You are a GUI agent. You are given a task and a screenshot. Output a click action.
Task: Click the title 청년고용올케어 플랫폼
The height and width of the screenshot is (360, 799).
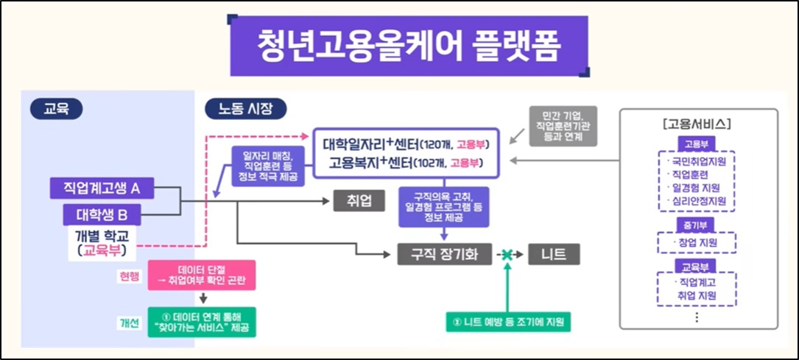pos(409,45)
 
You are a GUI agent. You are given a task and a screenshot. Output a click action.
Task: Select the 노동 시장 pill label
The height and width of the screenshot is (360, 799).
pos(244,108)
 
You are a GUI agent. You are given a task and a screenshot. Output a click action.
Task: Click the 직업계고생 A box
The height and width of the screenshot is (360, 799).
pos(102,188)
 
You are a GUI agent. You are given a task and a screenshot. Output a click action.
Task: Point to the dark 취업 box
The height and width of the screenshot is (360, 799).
pos(359,201)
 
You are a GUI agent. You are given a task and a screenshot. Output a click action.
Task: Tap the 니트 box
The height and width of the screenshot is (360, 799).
pos(554,255)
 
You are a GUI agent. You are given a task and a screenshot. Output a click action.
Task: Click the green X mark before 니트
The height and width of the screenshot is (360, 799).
pos(507,255)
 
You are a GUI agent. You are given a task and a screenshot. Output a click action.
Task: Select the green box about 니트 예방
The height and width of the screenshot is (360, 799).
pos(509,322)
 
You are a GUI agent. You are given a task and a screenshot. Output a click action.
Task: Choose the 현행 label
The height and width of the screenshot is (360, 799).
pos(129,277)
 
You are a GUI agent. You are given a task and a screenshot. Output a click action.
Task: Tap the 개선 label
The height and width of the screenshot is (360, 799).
pos(129,322)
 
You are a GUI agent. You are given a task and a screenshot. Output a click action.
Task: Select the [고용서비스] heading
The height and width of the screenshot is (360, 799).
pos(697,123)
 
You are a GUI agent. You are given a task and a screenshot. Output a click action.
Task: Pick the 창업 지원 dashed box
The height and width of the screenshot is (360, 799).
pos(696,242)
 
